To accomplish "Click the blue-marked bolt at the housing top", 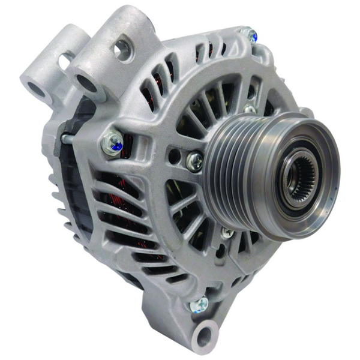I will click(251, 35).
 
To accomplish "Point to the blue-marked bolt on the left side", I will click(112, 142).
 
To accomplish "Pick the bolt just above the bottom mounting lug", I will click(197, 304).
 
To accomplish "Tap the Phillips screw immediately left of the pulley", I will click(194, 160).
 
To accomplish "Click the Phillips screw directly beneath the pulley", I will click(227, 233).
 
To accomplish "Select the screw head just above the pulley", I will click(249, 109).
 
